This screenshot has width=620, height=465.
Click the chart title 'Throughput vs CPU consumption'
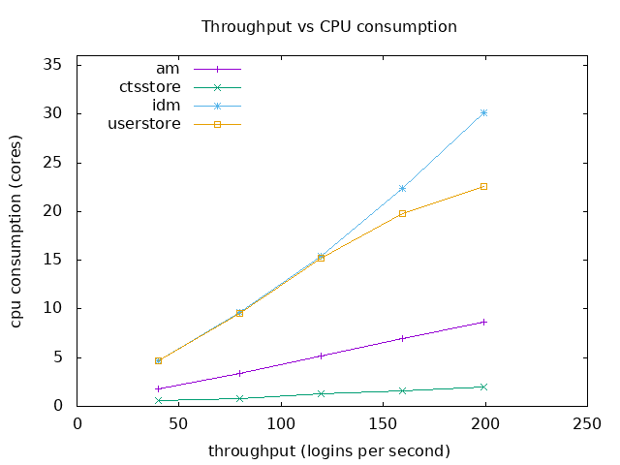(x=328, y=26)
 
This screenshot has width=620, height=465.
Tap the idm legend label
(x=167, y=105)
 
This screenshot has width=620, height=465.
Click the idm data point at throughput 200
(x=483, y=112)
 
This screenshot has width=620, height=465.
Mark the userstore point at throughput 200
(x=483, y=186)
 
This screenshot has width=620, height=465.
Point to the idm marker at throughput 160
(x=402, y=188)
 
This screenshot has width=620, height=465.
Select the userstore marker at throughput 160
(x=402, y=213)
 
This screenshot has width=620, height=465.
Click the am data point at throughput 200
(x=483, y=322)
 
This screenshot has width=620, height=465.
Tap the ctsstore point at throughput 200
(x=483, y=387)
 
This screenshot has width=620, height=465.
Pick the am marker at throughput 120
(x=321, y=356)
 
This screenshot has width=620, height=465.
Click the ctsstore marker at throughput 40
(x=158, y=400)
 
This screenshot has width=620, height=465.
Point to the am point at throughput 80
(x=239, y=373)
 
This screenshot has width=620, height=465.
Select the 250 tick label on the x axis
(x=587, y=422)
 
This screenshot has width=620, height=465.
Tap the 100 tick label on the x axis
(x=281, y=422)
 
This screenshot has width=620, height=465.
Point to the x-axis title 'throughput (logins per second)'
(x=328, y=450)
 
